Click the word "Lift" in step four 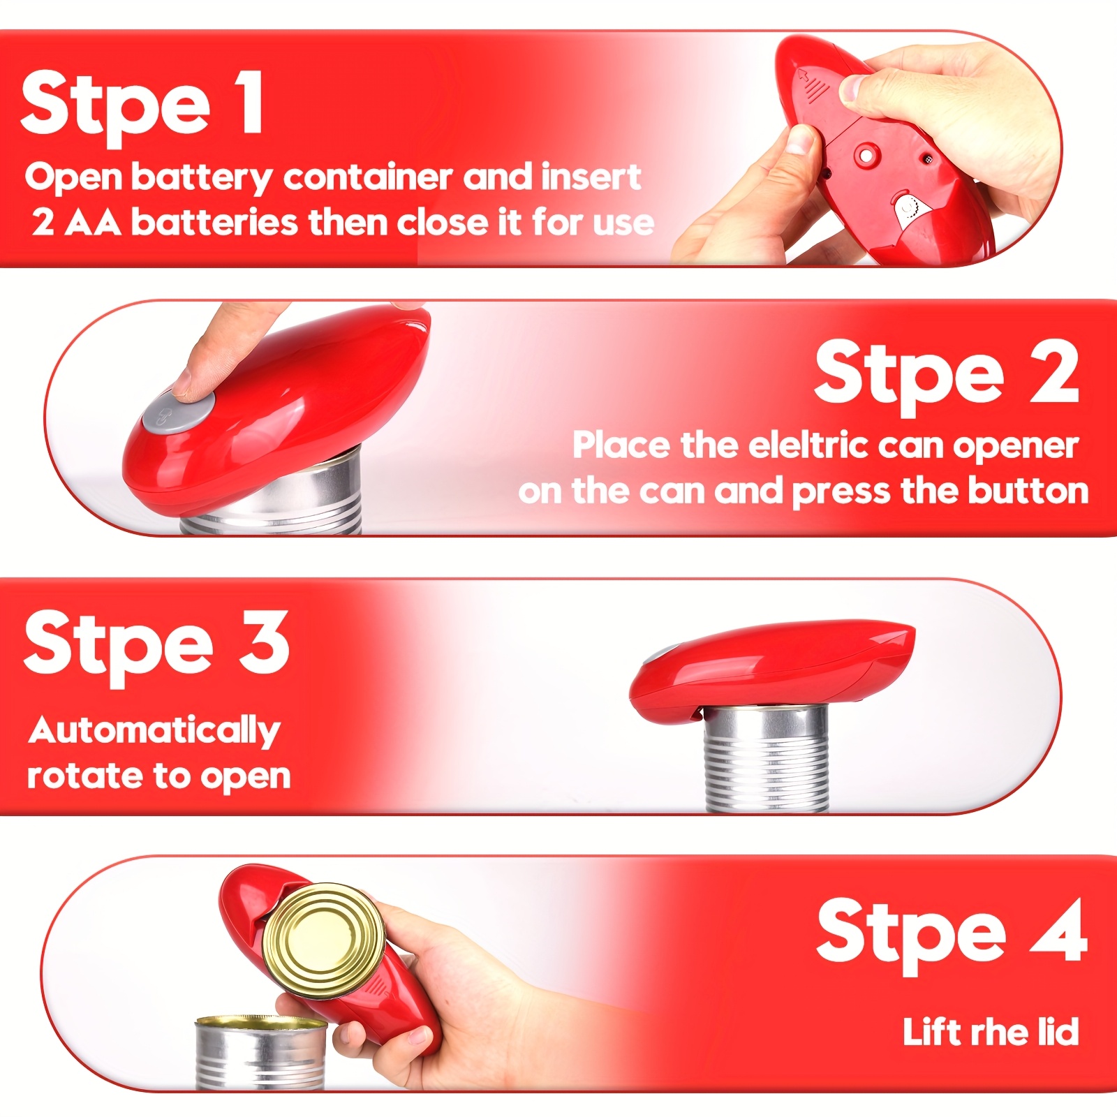pos(931,1032)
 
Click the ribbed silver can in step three pos(766,759)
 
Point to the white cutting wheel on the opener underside pos(908,209)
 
